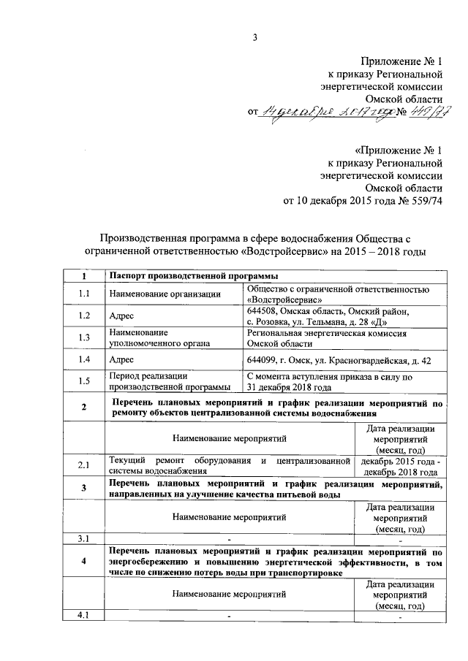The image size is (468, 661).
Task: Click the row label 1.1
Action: point(84,294)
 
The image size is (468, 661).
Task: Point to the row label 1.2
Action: point(84,316)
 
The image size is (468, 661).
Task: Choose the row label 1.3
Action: point(84,337)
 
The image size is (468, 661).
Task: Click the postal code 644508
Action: point(263,311)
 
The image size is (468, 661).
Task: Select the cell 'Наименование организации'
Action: point(165,294)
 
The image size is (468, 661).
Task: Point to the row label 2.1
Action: point(84,465)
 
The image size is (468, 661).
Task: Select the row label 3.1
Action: point(84,540)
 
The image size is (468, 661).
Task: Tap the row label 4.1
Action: point(84,616)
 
